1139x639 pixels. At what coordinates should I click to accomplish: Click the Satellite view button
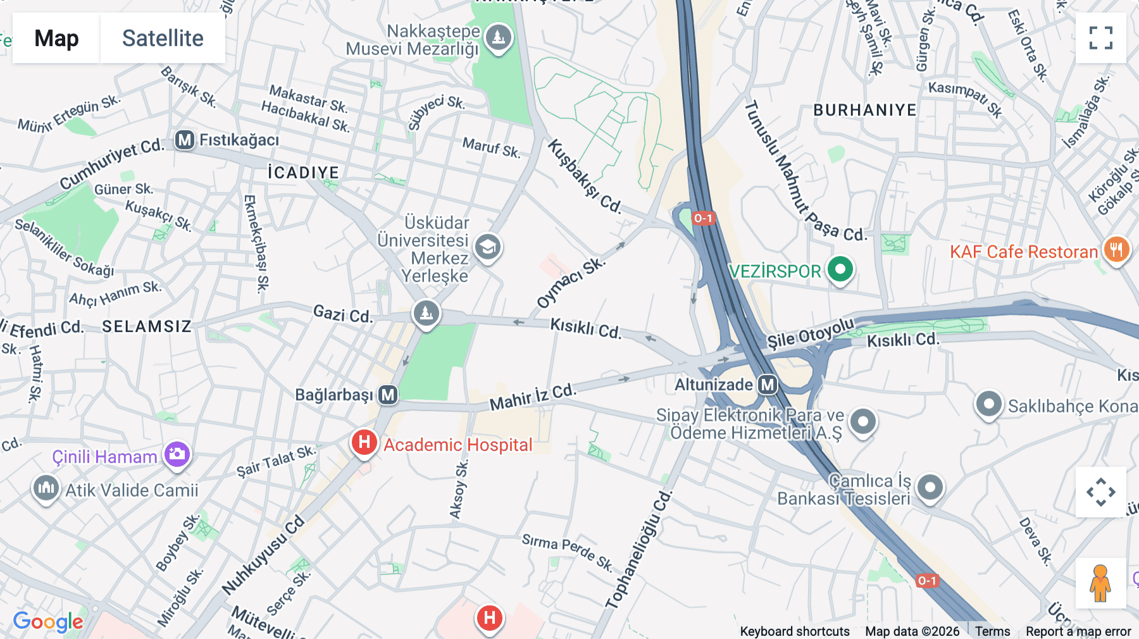pyautogui.click(x=163, y=38)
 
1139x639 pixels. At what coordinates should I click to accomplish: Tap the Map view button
pyautogui.click(x=56, y=38)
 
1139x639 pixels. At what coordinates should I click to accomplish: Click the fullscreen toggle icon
pyautogui.click(x=1100, y=38)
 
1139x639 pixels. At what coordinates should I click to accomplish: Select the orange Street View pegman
pyautogui.click(x=1100, y=583)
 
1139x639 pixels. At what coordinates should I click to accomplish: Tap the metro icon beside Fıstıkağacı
pyautogui.click(x=185, y=140)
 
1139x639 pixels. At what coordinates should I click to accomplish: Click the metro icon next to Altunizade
pyautogui.click(x=768, y=385)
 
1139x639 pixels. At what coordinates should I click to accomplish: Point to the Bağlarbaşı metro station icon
pyautogui.click(x=388, y=395)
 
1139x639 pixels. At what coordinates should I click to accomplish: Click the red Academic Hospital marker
pyautogui.click(x=364, y=442)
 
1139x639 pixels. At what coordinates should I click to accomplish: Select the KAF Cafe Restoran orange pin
pyautogui.click(x=1116, y=250)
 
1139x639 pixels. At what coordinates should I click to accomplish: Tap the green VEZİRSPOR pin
pyautogui.click(x=840, y=270)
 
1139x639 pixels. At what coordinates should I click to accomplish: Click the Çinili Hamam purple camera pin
pyautogui.click(x=177, y=454)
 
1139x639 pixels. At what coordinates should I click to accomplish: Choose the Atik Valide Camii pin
pyautogui.click(x=46, y=488)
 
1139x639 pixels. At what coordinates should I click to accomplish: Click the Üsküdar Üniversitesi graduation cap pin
pyautogui.click(x=488, y=247)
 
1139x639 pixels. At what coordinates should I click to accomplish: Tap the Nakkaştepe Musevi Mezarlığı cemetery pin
pyautogui.click(x=498, y=37)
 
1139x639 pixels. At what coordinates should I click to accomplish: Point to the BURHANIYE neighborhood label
pyautogui.click(x=864, y=110)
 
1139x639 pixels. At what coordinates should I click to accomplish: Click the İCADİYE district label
pyautogui.click(x=303, y=173)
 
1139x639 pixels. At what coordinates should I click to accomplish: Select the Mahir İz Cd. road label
pyautogui.click(x=532, y=397)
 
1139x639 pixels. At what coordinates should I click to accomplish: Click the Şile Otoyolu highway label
pyautogui.click(x=810, y=333)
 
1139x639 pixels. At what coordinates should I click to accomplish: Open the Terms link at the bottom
pyautogui.click(x=992, y=631)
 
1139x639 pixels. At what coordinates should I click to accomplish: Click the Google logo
pyautogui.click(x=48, y=621)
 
